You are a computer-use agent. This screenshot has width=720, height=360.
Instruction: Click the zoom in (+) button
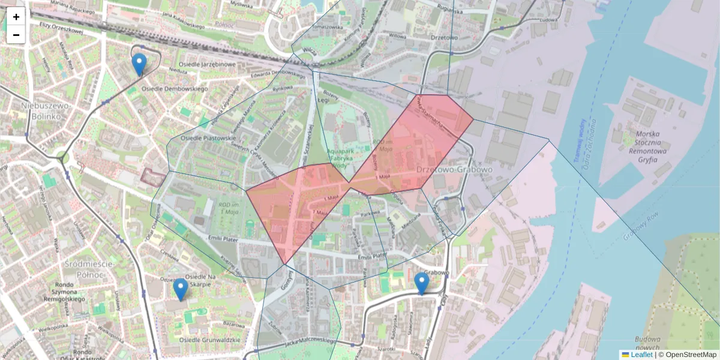click(x=16, y=17)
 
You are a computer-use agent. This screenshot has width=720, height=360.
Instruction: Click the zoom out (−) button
click(x=16, y=35)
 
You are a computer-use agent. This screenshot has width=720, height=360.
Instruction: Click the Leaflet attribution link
click(x=641, y=355)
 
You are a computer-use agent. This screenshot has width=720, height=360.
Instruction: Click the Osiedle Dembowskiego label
click(x=174, y=89)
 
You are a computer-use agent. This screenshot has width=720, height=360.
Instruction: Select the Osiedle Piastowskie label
click(x=209, y=138)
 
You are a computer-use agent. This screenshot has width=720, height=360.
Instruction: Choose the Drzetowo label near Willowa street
click(x=444, y=37)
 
